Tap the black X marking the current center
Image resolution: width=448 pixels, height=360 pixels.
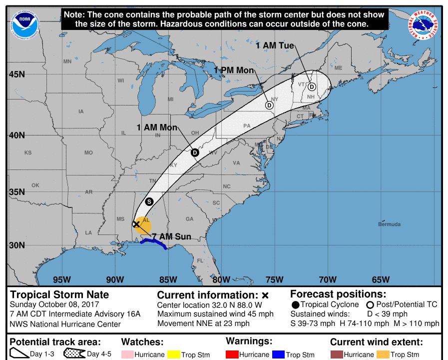[x=136, y=224]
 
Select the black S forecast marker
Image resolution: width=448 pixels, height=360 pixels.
[x=149, y=201]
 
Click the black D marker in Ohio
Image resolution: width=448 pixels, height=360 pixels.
[x=195, y=152]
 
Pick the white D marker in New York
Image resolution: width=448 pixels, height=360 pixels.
[x=269, y=105]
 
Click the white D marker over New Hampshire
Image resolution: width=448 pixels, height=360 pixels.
[x=312, y=86]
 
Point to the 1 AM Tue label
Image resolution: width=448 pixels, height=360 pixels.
[x=275, y=45]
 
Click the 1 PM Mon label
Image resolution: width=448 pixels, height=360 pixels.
[x=234, y=70]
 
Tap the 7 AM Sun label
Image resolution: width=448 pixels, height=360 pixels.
[x=171, y=236]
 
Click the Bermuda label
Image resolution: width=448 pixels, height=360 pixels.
[x=389, y=224]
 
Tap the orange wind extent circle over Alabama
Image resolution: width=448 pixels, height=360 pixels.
[x=145, y=226]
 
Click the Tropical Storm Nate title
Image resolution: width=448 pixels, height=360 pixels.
[x=59, y=294]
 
